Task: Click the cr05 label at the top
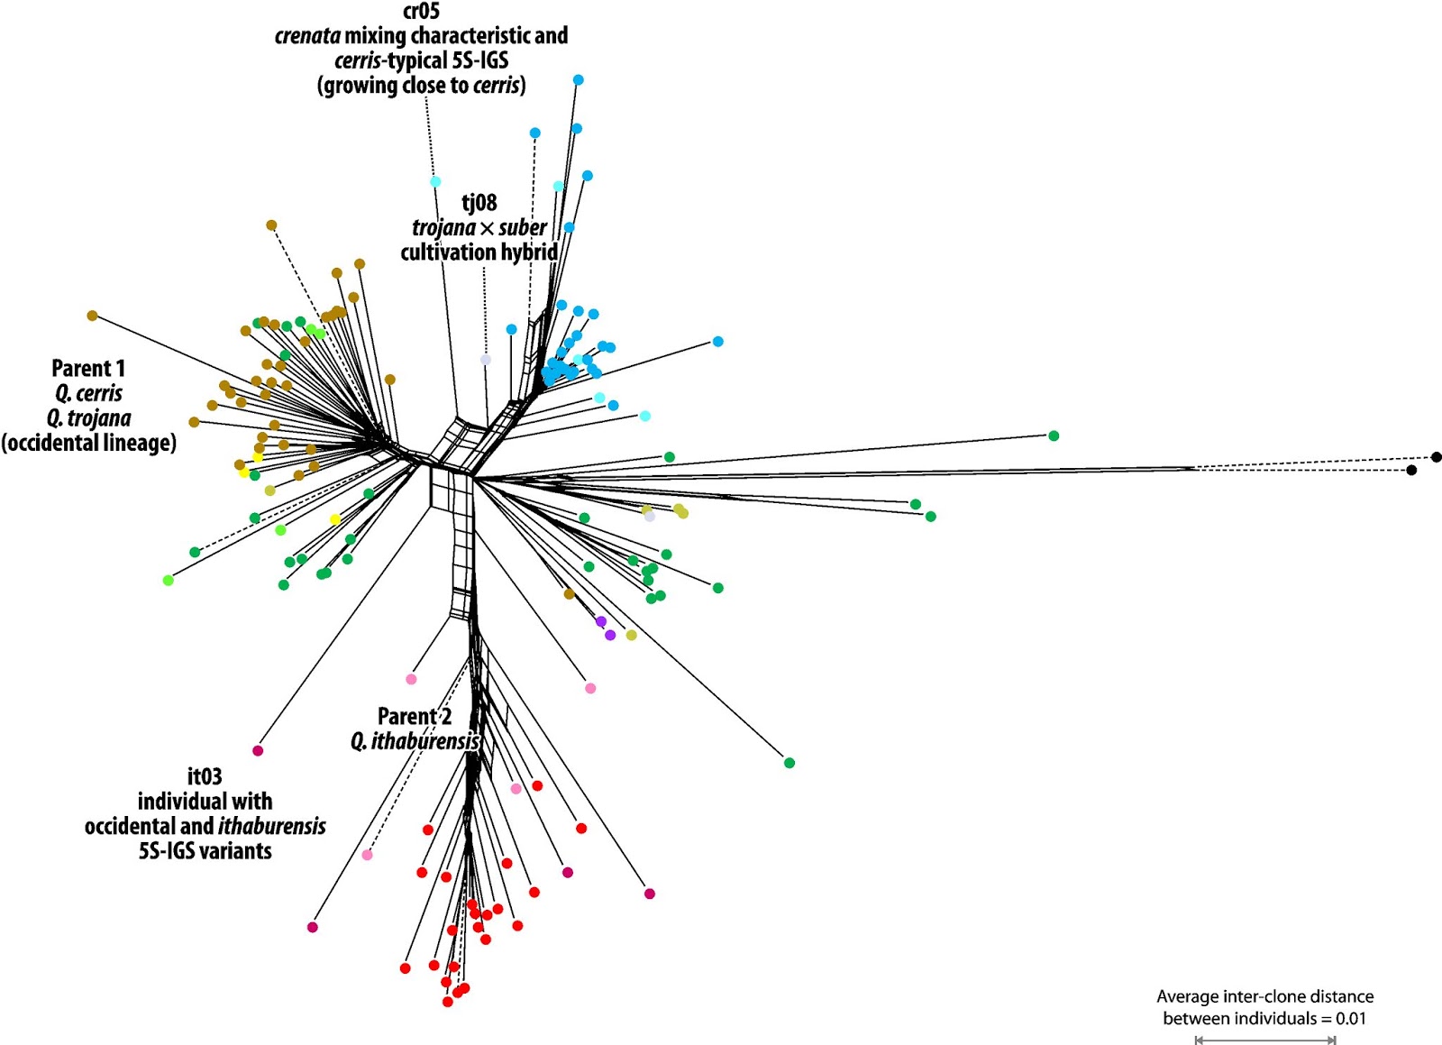click(x=421, y=12)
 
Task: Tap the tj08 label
click(x=479, y=203)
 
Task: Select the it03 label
click(x=205, y=776)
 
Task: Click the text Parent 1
click(x=88, y=368)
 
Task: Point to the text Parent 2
click(x=415, y=716)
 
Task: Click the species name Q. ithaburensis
click(x=415, y=741)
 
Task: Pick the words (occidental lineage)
click(x=88, y=443)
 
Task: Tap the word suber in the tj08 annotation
click(x=523, y=227)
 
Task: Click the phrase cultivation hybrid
click(x=479, y=252)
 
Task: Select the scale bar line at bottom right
click(x=1265, y=1040)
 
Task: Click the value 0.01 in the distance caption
click(x=1351, y=1019)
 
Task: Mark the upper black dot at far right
click(x=1436, y=457)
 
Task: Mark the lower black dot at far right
click(x=1411, y=471)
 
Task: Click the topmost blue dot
click(x=579, y=80)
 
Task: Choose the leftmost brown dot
click(x=92, y=316)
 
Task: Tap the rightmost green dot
click(x=1054, y=436)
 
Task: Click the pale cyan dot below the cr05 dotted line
click(x=435, y=182)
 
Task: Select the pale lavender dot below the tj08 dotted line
click(x=486, y=360)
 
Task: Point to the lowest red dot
click(x=448, y=1002)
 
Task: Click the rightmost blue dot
click(x=718, y=342)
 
